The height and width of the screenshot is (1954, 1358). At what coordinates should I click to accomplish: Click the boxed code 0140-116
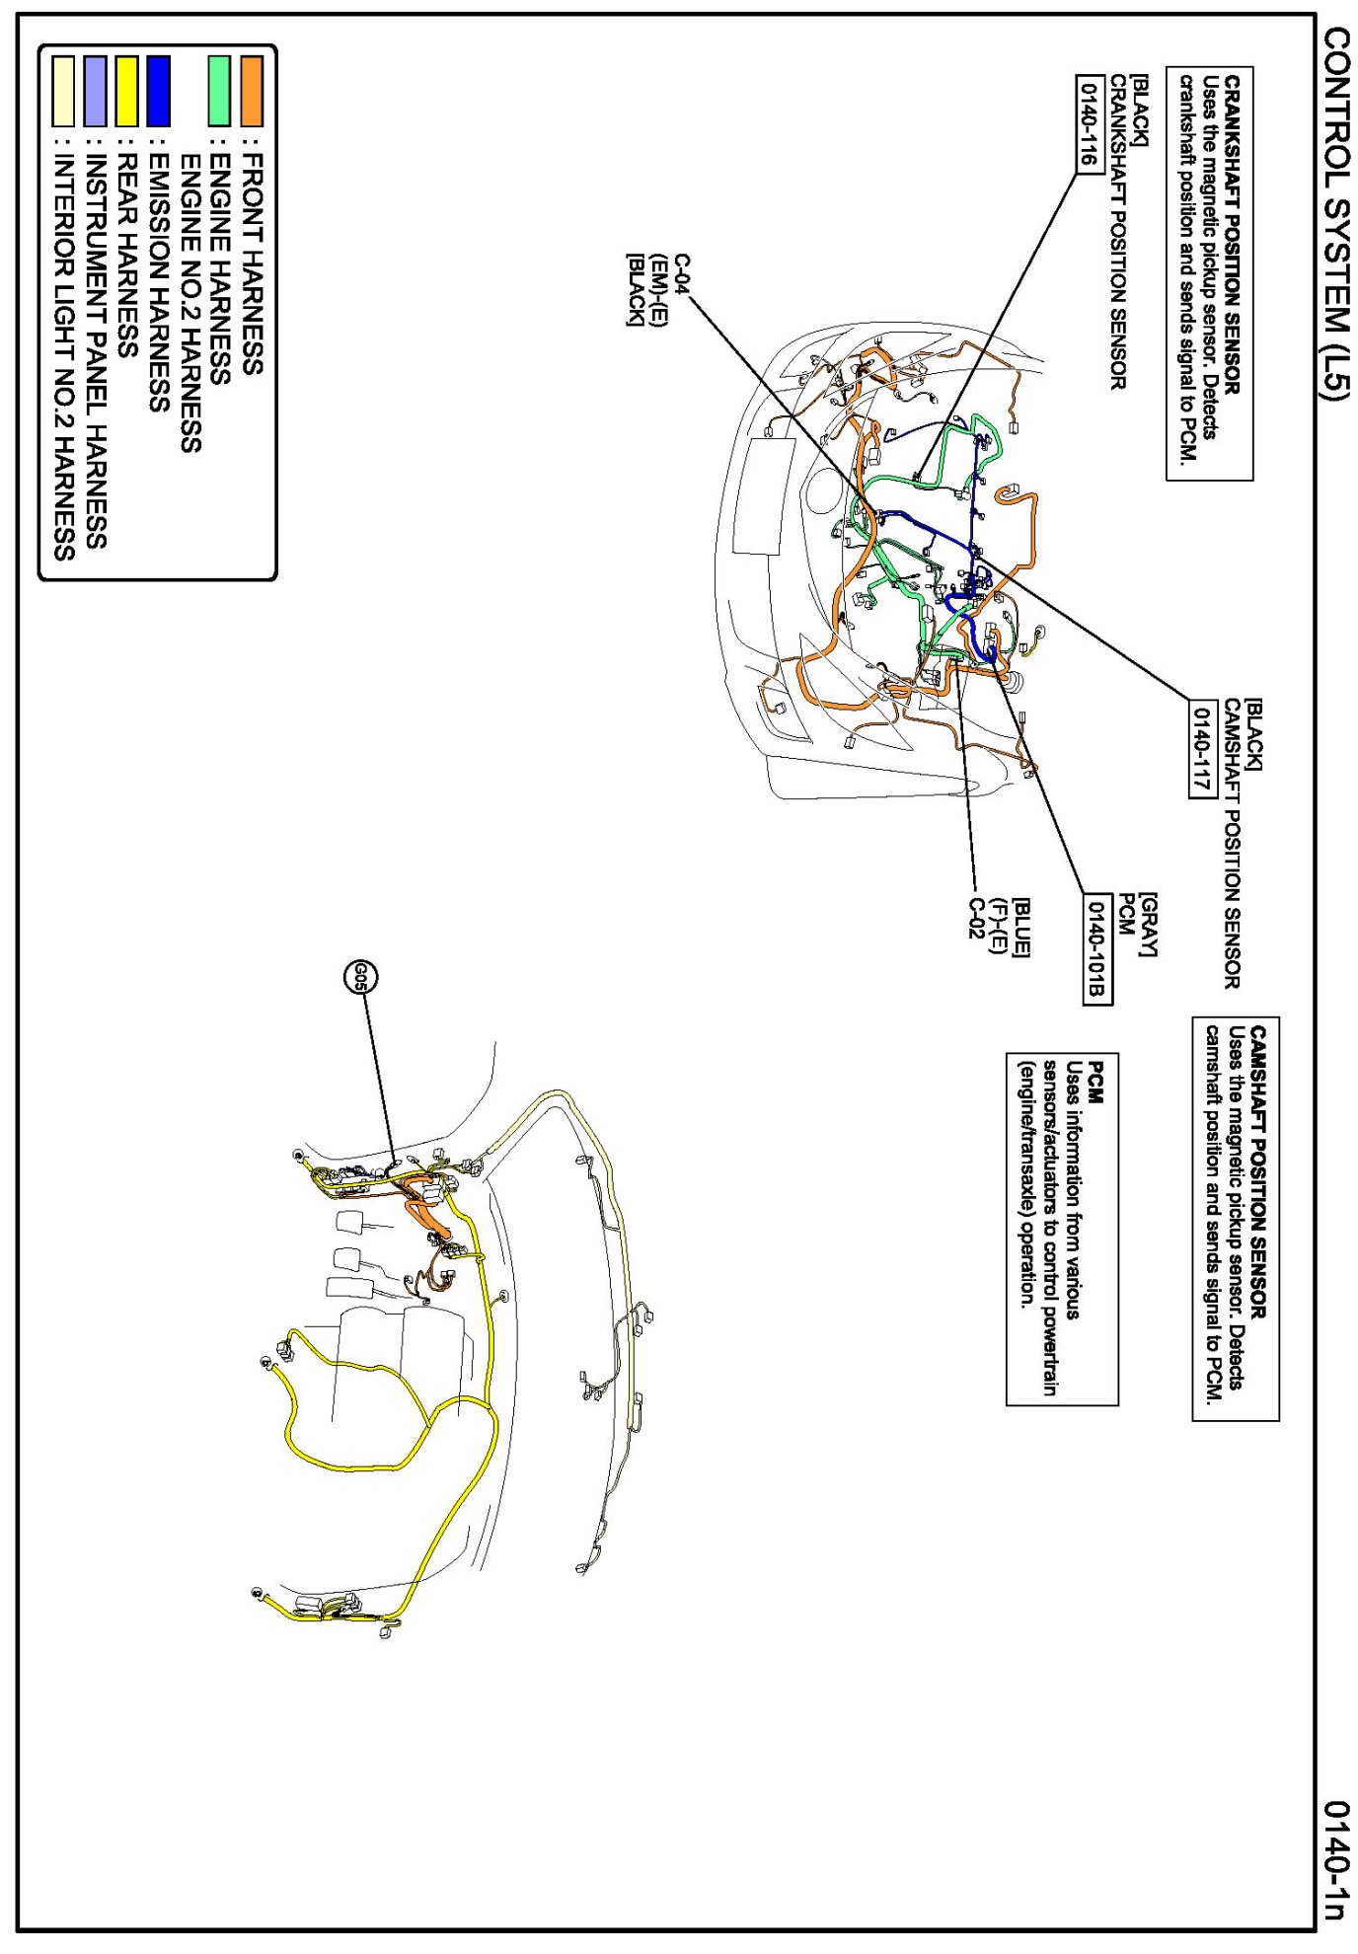pos(1089,123)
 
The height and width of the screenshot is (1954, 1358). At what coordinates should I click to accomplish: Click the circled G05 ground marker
pos(360,977)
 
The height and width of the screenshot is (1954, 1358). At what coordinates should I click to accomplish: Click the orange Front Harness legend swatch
pos(252,91)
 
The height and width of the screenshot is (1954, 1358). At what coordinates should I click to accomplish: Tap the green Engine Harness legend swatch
pos(219,91)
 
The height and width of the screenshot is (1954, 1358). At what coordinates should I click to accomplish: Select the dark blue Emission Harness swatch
pos(158,91)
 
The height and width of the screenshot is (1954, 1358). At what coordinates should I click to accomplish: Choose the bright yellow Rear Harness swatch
pos(126,91)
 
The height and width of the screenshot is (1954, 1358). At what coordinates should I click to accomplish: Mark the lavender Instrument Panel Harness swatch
pos(95,91)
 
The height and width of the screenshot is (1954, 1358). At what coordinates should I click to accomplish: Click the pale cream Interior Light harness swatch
pos(63,91)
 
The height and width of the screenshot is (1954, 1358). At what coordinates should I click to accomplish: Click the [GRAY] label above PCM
pos(1148,924)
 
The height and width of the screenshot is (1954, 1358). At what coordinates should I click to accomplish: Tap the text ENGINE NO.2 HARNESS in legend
pos(190,302)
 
